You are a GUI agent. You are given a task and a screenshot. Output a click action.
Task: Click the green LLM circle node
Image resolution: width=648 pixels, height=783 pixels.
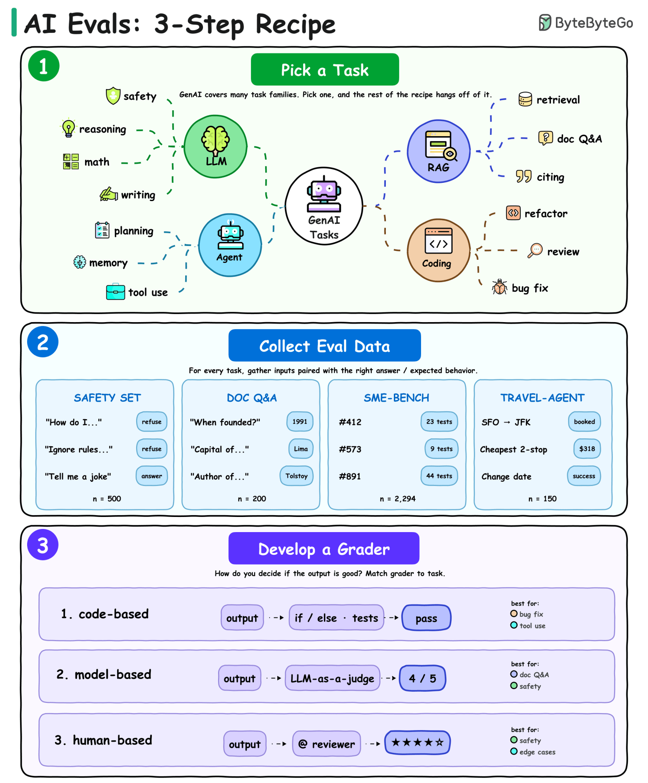coord(215,146)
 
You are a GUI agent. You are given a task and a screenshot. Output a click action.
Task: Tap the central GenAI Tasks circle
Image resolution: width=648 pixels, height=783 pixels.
coord(324,206)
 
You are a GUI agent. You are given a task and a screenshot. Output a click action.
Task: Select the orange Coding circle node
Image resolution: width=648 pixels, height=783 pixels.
coord(438,250)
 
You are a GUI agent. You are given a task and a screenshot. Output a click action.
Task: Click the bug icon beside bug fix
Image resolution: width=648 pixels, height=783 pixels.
coord(500,287)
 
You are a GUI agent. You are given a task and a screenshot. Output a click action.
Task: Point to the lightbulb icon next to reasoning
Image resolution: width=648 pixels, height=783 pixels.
coord(68,129)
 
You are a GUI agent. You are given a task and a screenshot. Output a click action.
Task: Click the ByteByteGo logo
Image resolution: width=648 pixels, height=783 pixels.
coord(586,23)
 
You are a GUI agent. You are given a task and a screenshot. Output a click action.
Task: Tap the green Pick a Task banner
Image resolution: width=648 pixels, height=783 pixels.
coord(325,69)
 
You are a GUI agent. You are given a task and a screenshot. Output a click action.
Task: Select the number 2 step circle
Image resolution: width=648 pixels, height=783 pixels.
coord(43,342)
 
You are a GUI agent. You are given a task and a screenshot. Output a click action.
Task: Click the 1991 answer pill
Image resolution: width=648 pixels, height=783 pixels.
coord(300,422)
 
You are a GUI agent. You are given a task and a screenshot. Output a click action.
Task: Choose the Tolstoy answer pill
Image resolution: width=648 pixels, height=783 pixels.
coord(296,476)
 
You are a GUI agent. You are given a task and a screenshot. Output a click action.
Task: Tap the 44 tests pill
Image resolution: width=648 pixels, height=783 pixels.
coord(439,476)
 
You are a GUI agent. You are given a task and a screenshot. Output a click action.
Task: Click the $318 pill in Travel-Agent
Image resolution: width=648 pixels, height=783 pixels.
coord(587,449)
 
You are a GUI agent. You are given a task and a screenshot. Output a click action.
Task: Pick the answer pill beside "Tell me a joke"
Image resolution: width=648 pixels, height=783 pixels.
coord(152,476)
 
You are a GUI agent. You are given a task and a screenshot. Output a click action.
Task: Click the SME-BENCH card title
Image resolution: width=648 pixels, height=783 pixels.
coord(397,398)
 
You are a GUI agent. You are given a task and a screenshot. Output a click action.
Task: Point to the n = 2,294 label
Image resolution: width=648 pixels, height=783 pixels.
coord(397,499)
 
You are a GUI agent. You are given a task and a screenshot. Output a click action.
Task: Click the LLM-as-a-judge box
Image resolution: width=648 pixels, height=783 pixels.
coord(332,678)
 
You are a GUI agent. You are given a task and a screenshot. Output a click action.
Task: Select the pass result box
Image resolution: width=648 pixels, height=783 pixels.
coord(426,618)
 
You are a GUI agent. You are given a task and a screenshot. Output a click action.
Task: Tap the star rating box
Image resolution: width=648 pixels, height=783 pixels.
coord(417,743)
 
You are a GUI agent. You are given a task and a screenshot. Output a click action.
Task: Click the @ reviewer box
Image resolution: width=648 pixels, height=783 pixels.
coord(327,743)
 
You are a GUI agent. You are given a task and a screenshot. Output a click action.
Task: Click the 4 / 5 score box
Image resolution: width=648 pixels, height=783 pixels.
coord(422,678)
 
